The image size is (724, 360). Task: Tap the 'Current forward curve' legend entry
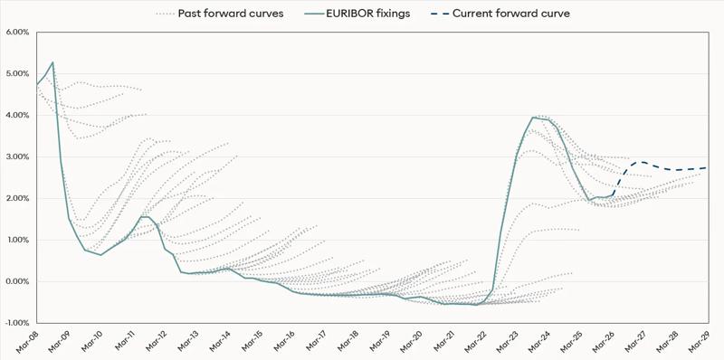(511, 14)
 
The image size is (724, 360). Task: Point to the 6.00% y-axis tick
(17, 32)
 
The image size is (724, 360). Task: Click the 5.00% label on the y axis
(17, 73)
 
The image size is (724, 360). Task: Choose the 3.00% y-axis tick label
(17, 156)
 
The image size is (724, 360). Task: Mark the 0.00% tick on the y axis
(17, 281)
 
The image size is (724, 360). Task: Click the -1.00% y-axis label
(16, 323)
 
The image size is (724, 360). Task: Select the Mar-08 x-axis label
(27, 342)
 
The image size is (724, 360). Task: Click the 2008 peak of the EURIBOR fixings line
(52, 62)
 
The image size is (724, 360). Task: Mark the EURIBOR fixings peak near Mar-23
(533, 118)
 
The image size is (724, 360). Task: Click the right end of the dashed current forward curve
(705, 167)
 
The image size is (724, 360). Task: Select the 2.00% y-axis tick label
(17, 198)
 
